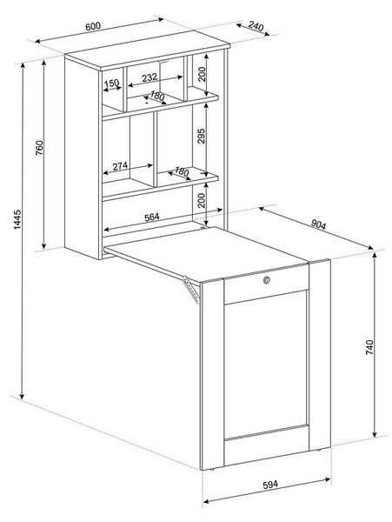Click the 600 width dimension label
(x=93, y=26)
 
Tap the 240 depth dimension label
(x=256, y=26)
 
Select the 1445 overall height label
(x=17, y=219)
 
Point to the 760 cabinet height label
(x=39, y=148)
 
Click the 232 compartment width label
(x=149, y=77)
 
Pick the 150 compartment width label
(x=112, y=83)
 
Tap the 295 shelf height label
(x=201, y=136)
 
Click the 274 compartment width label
(x=120, y=166)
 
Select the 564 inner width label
(x=152, y=217)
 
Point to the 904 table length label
(x=318, y=225)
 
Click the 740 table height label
(x=369, y=347)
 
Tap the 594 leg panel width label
(x=270, y=485)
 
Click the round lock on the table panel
(x=266, y=280)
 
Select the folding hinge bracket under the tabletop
(x=191, y=290)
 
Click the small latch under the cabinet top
(x=163, y=61)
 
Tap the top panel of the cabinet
(x=148, y=50)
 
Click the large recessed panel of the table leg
(x=266, y=365)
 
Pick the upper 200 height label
(x=202, y=74)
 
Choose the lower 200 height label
(x=202, y=200)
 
